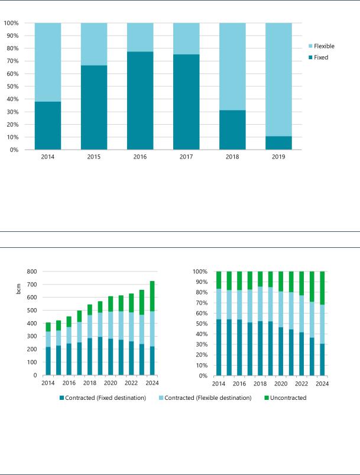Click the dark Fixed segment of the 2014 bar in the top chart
48,126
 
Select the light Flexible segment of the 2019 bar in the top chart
278,80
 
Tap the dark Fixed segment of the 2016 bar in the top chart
140,101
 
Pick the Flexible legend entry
321,46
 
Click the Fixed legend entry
318,57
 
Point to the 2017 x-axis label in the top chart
186,157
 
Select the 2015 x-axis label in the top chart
94,157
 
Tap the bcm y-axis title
19,289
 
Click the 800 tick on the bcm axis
32,272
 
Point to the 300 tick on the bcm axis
32,336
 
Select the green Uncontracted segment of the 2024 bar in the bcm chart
153,296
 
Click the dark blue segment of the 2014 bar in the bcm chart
48,361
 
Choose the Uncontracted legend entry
286,398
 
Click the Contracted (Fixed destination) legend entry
103,398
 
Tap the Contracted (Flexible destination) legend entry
205,398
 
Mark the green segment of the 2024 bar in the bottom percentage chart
322,288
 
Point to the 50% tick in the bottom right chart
200,324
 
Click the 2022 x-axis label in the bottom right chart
301,383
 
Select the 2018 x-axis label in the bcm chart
90,383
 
